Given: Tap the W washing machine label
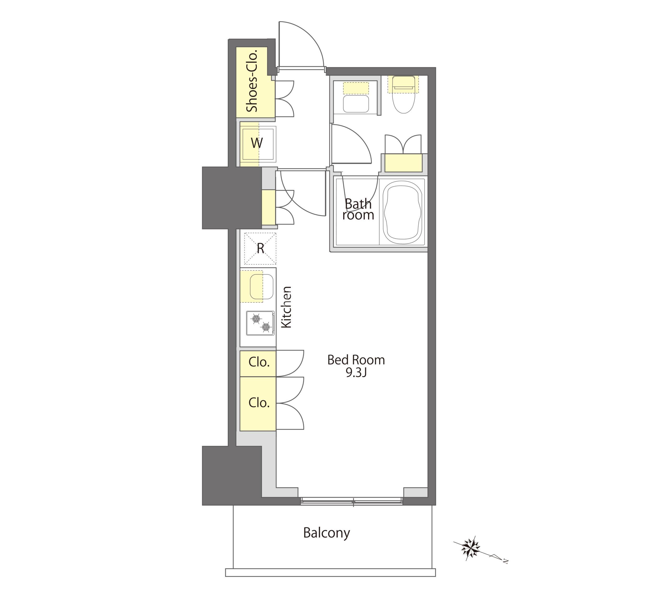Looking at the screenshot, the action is click(x=257, y=143).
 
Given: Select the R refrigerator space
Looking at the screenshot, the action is click(x=260, y=249).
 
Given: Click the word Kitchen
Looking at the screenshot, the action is click(x=286, y=307).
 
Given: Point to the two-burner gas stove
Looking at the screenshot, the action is click(x=260, y=323).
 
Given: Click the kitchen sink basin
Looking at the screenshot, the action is click(x=262, y=286).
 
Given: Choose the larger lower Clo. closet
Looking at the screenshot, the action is click(x=258, y=403).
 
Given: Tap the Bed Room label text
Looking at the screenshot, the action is click(x=356, y=360).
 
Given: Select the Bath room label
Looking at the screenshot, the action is click(x=358, y=209).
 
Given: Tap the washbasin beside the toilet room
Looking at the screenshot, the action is click(x=356, y=104).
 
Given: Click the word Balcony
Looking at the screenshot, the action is click(x=326, y=533).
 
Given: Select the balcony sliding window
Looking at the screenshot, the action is click(x=351, y=501).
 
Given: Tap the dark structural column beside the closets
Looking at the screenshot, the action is click(x=232, y=475).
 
